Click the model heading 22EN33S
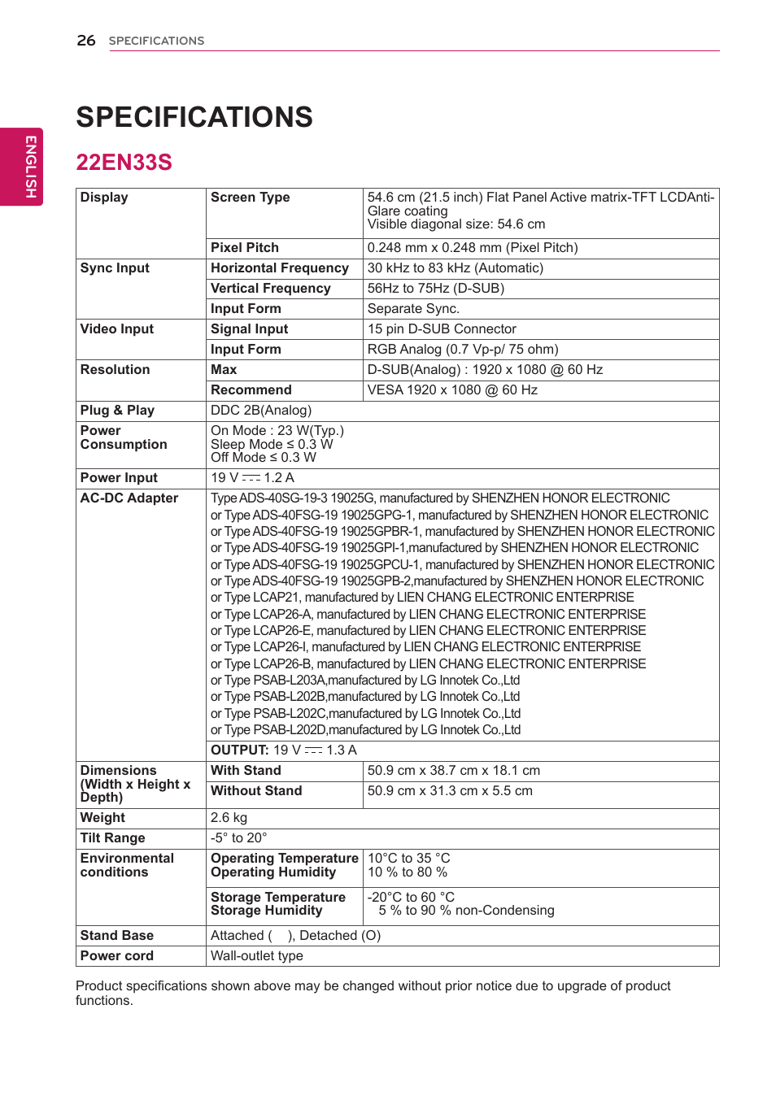point(124,163)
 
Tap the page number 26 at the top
point(86,41)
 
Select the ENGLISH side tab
point(30,167)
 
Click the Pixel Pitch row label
point(244,248)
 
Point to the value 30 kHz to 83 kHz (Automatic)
point(456,268)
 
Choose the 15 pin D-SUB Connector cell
point(442,329)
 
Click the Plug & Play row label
point(117,411)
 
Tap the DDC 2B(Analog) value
point(261,411)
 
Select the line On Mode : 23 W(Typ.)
point(277,431)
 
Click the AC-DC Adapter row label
point(129,498)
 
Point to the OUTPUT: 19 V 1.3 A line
point(283,750)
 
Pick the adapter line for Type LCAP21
point(421,598)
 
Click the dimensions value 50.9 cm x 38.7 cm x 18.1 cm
point(453,771)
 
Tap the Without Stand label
point(256,791)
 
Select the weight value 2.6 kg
point(229,818)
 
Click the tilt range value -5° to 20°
point(238,838)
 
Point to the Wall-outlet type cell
point(257,956)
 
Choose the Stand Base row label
point(116,936)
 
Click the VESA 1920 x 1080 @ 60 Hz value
point(452,390)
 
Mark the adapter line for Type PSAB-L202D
point(365,730)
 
